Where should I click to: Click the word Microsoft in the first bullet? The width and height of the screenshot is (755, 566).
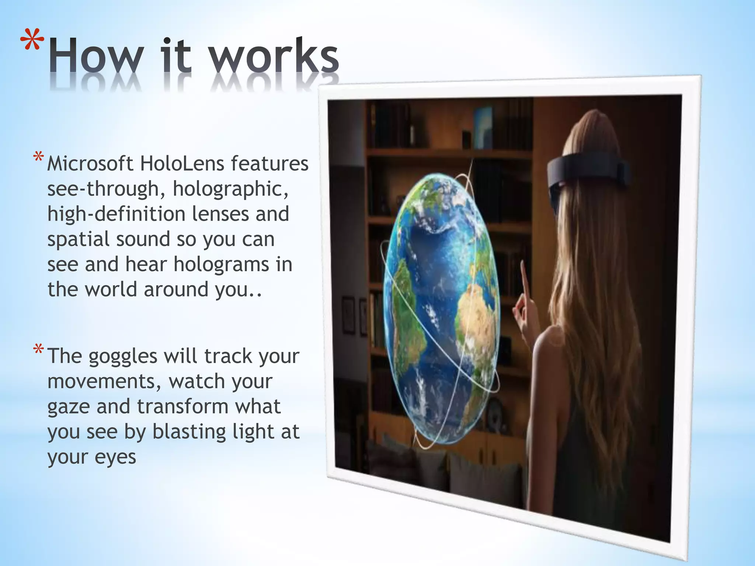click(x=90, y=164)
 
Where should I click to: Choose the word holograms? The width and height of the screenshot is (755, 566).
click(x=221, y=265)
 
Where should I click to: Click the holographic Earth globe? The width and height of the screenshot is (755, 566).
click(x=441, y=310)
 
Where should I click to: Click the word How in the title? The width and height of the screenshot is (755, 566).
click(x=96, y=56)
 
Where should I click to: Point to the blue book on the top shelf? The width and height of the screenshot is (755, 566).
click(x=483, y=125)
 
